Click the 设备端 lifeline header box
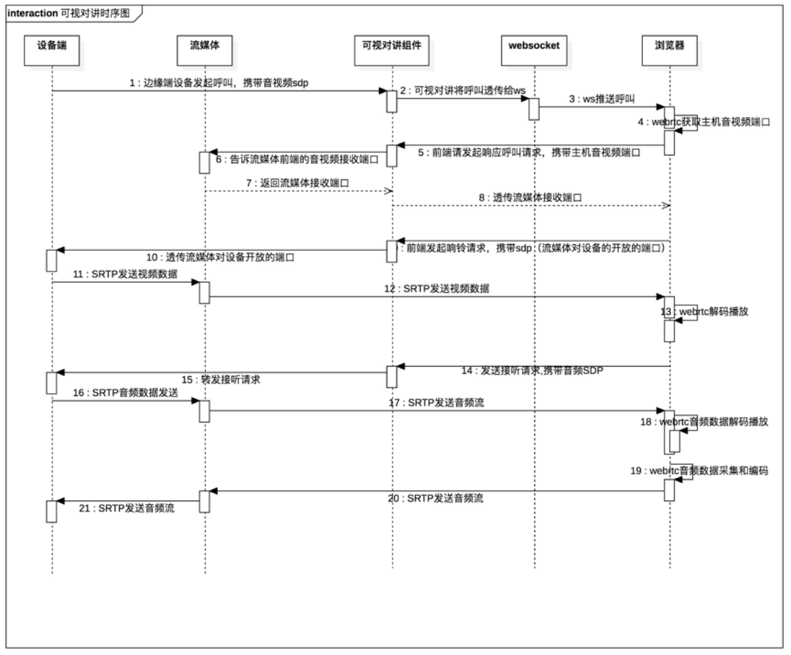pyautogui.click(x=52, y=50)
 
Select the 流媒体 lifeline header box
pyautogui.click(x=204, y=50)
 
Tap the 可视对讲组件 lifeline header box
pyautogui.click(x=392, y=50)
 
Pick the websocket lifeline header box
pyautogui.click(x=534, y=50)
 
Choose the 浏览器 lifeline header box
pyautogui.click(x=669, y=50)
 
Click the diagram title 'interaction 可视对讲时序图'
pyautogui.click(x=69, y=13)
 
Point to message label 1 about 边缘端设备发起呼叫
pyautogui.click(x=218, y=83)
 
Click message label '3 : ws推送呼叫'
pyautogui.click(x=601, y=99)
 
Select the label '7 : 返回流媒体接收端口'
pyautogui.click(x=297, y=183)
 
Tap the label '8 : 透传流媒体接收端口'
pyautogui.click(x=530, y=198)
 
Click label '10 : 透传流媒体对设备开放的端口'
pyautogui.click(x=220, y=258)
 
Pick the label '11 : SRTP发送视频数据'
pyautogui.click(x=125, y=274)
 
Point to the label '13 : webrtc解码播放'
pyautogui.click(x=704, y=311)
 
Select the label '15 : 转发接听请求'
pyautogui.click(x=221, y=380)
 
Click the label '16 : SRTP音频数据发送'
pyautogui.click(x=125, y=393)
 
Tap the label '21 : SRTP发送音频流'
pyautogui.click(x=126, y=508)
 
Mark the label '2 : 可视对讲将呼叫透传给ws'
pyautogui.click(x=463, y=91)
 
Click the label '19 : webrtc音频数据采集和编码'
pyautogui.click(x=699, y=471)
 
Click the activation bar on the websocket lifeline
pyautogui.click(x=534, y=109)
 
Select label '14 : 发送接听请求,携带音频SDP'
pyautogui.click(x=532, y=371)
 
